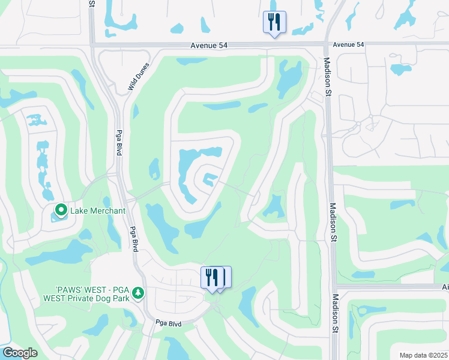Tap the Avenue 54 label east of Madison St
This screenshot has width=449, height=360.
click(349, 45)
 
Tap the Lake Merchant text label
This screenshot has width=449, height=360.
click(98, 211)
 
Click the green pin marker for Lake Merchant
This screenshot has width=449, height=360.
click(61, 211)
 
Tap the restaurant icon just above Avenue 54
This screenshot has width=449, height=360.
click(274, 22)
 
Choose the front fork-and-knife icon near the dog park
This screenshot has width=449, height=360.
click(211, 277)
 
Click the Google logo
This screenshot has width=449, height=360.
click(20, 353)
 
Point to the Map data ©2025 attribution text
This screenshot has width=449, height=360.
click(423, 355)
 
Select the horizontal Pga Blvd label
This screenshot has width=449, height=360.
click(169, 323)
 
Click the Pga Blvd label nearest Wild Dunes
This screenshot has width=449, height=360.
click(119, 143)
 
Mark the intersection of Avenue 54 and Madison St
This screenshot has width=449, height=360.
click(325, 44)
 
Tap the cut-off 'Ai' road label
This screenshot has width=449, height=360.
click(444, 287)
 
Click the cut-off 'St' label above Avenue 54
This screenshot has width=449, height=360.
click(91, 4)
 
